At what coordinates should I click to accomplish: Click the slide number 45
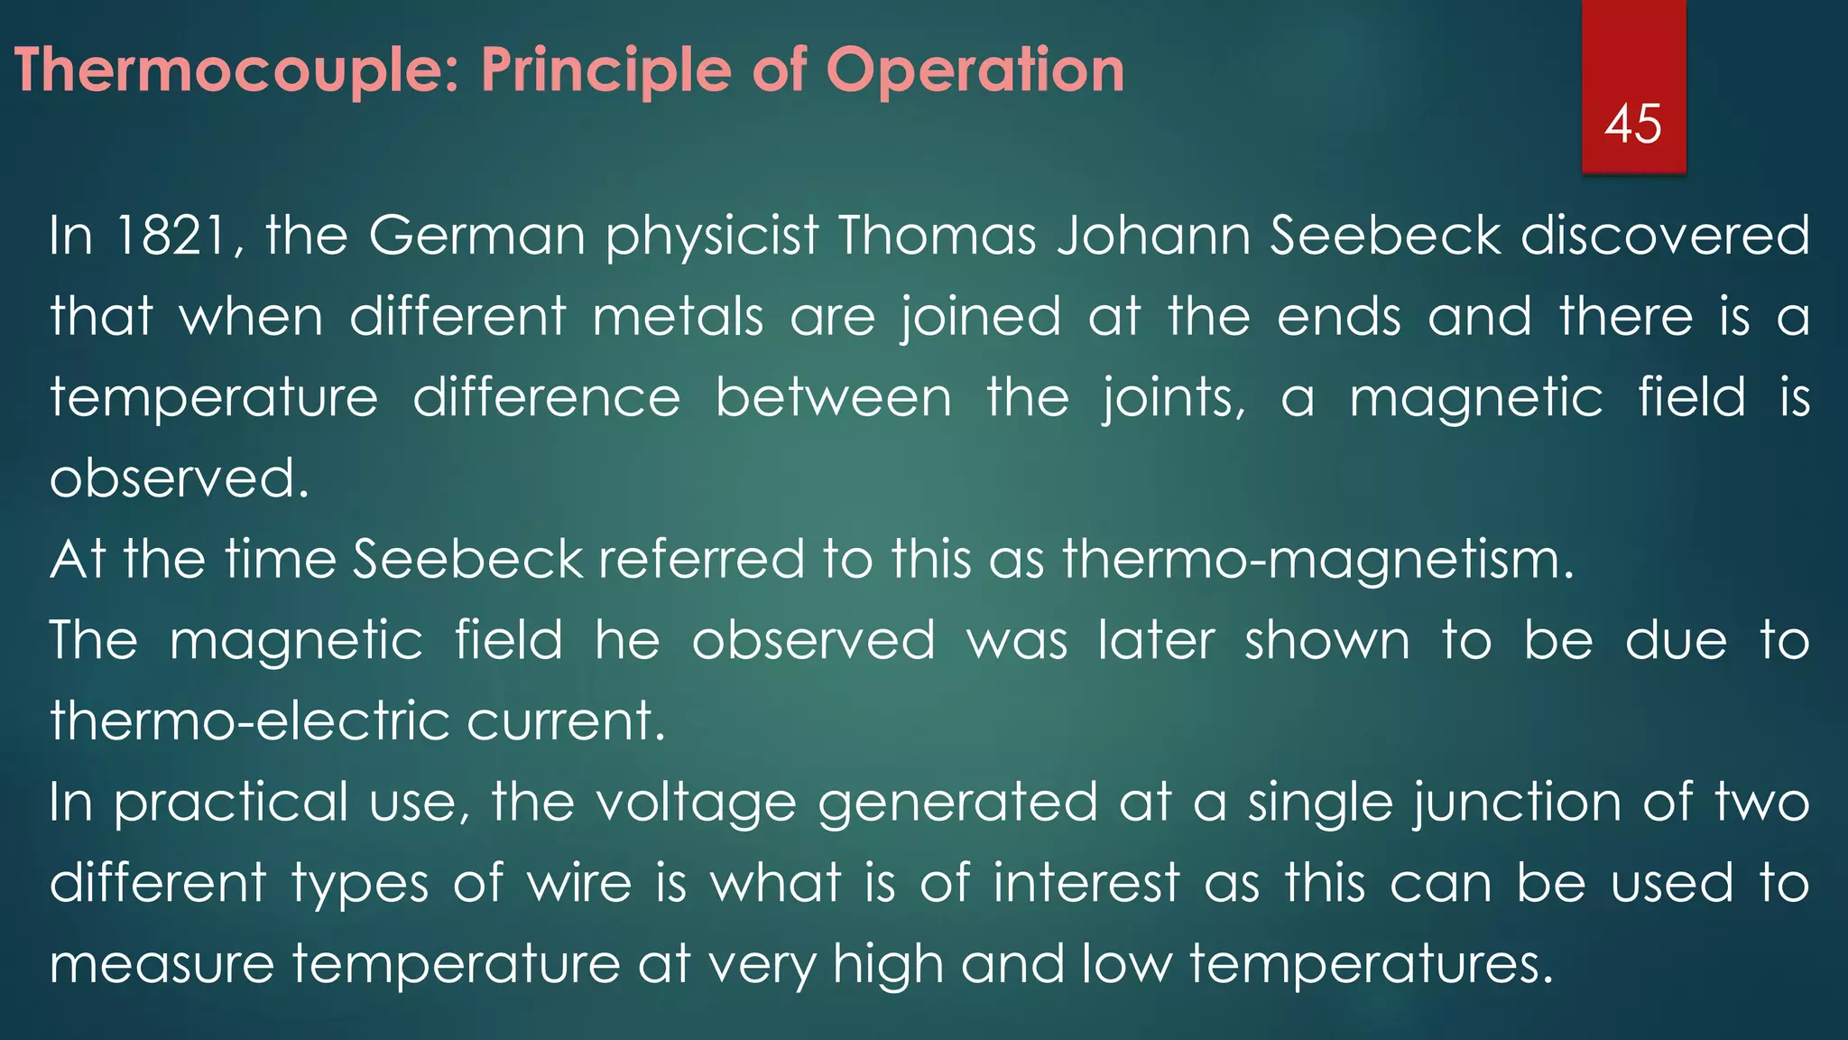[x=1632, y=124]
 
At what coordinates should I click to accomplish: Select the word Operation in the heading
[x=975, y=71]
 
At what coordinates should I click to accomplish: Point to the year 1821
[x=171, y=236]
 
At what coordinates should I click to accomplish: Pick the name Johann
[x=1153, y=236]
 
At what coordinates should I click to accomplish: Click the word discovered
[x=1666, y=236]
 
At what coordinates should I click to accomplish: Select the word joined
[x=981, y=319]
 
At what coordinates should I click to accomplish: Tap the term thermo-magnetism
[x=1317, y=560]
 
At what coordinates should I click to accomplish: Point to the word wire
[x=579, y=883]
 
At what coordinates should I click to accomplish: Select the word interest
[x=1086, y=883]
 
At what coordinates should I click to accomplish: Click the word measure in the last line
[x=162, y=964]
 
